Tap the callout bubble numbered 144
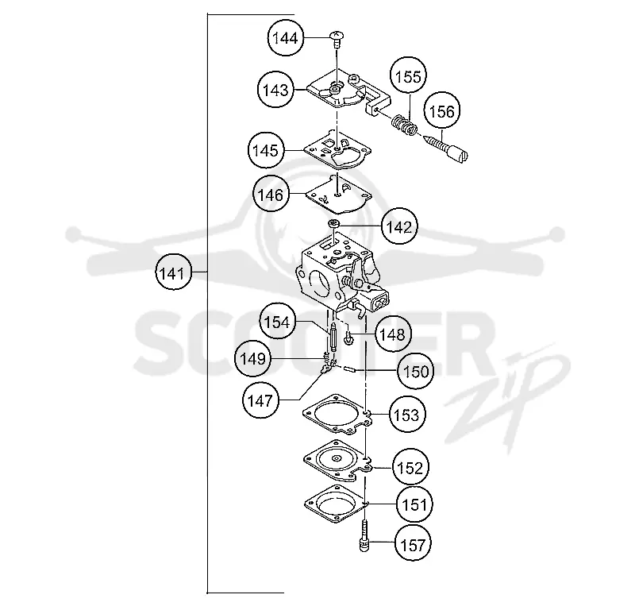[x=286, y=38]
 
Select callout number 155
[x=408, y=75]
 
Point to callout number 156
[x=442, y=110]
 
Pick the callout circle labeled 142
[x=399, y=226]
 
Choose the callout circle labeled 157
[x=413, y=544]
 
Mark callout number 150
[x=416, y=371]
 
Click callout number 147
[x=260, y=400]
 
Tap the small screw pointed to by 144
[x=337, y=39]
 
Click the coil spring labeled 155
[x=404, y=125]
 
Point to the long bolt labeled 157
[x=365, y=536]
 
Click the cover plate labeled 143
[x=348, y=94]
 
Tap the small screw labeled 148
[x=348, y=338]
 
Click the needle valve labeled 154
[x=333, y=338]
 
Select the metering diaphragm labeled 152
[x=338, y=460]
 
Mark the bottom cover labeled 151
[x=337, y=504]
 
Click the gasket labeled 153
[x=337, y=415]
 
